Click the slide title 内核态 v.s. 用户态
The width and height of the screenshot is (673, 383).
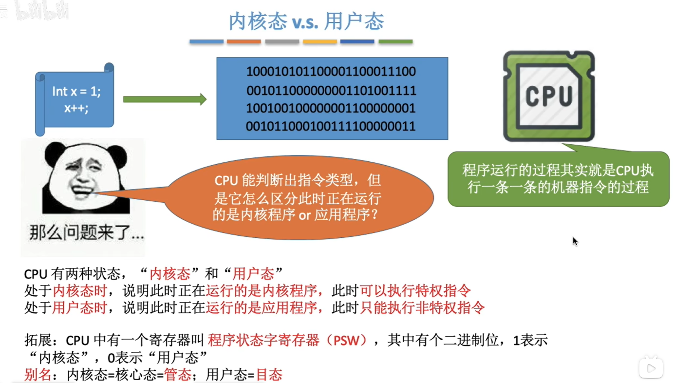click(x=306, y=21)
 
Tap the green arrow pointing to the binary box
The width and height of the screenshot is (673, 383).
click(x=165, y=99)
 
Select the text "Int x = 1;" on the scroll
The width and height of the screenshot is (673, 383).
click(x=76, y=92)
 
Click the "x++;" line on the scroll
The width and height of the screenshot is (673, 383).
click(x=76, y=108)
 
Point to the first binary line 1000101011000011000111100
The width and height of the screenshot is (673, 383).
click(x=331, y=72)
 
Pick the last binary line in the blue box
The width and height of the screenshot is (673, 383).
click(x=331, y=127)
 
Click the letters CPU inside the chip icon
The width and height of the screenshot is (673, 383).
click(x=549, y=96)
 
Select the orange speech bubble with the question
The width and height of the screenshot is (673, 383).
click(x=298, y=197)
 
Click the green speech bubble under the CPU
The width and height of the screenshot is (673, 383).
click(x=558, y=178)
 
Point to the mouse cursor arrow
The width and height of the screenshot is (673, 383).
click(x=575, y=241)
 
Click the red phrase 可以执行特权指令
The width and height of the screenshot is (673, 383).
click(x=415, y=291)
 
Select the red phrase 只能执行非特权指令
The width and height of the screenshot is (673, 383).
click(x=422, y=308)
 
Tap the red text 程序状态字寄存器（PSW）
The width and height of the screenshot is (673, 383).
click(x=287, y=340)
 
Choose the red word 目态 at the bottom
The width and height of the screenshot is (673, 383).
click(x=269, y=374)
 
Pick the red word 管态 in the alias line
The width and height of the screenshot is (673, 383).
click(x=177, y=374)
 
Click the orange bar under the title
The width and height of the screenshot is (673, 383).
click(x=244, y=42)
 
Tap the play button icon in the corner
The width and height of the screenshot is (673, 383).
click(x=651, y=368)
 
